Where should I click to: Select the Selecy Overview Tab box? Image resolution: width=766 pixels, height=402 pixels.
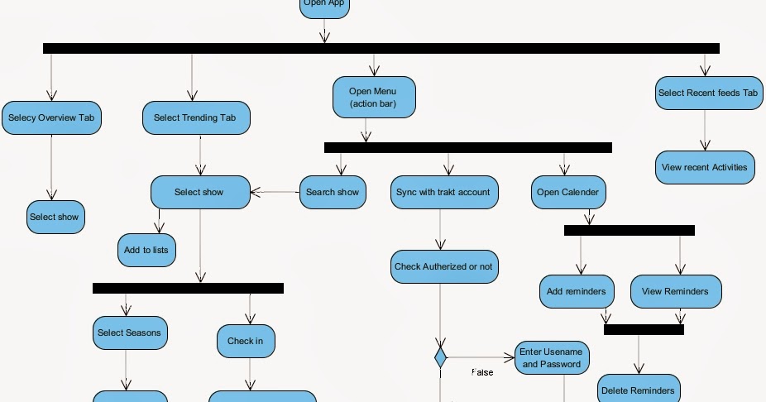click(x=51, y=118)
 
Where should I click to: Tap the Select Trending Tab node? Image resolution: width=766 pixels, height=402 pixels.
click(x=195, y=118)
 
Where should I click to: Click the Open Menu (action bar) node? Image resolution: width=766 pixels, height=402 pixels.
click(x=374, y=98)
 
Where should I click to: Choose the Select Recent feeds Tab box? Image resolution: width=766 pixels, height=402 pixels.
click(x=708, y=93)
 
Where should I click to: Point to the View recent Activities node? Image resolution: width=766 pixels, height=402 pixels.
click(x=705, y=167)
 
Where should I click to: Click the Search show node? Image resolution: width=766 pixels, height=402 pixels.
click(x=333, y=192)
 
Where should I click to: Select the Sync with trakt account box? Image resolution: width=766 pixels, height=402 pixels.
click(x=443, y=192)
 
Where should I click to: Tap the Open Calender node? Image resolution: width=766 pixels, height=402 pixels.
click(x=567, y=192)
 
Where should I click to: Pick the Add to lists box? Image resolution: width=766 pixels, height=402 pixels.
click(x=146, y=250)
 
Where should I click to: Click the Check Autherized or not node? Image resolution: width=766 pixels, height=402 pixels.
click(x=443, y=266)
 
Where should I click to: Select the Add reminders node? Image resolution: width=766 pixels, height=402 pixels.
click(x=577, y=291)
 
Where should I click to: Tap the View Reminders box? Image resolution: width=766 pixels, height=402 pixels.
click(x=675, y=291)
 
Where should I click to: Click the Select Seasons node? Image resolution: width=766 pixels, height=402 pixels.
click(x=129, y=333)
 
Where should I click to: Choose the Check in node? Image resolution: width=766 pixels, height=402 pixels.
click(x=246, y=341)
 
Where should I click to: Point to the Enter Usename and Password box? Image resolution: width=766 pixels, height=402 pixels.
click(x=552, y=358)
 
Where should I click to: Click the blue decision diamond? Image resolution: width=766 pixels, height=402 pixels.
click(x=440, y=358)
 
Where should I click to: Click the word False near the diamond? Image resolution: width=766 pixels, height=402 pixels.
click(x=482, y=373)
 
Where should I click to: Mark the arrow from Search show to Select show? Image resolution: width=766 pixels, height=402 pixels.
click(x=275, y=192)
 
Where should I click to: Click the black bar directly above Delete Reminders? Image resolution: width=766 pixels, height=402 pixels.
click(x=644, y=329)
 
